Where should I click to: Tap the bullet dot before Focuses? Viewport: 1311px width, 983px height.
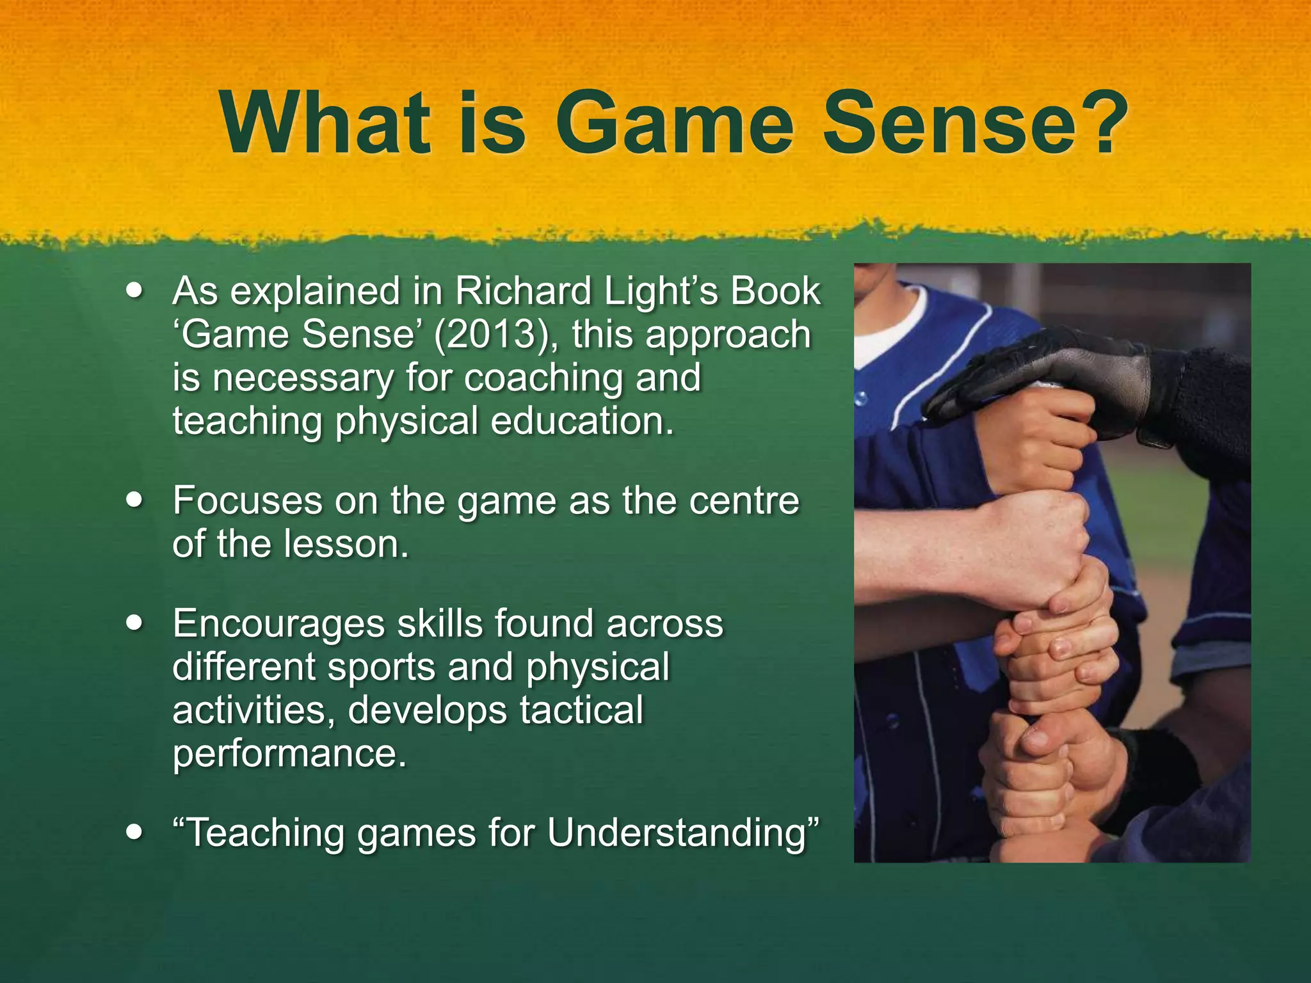point(134,499)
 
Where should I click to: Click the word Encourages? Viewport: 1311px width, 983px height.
point(278,624)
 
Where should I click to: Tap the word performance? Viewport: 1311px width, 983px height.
point(289,754)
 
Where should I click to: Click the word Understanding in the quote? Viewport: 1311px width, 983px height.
point(682,833)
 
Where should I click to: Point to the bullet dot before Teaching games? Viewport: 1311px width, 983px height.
point(134,832)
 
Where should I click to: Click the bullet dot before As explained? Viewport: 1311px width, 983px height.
point(134,290)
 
